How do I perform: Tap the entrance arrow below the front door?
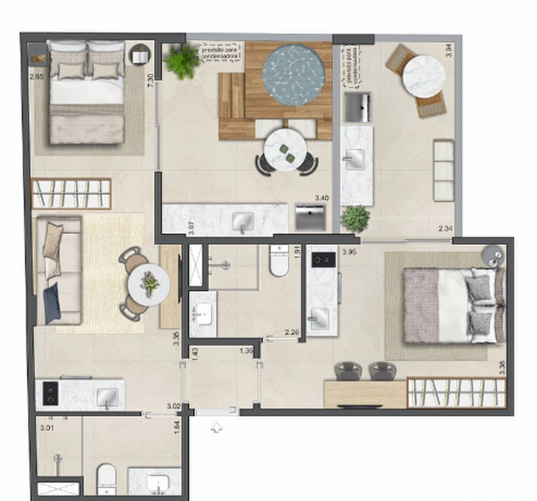pyautogui.click(x=216, y=428)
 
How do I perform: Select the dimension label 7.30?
pyautogui.click(x=151, y=80)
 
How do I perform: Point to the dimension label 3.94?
pyautogui.click(x=448, y=51)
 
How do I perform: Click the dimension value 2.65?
pyautogui.click(x=37, y=77)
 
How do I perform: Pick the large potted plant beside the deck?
pyautogui.click(x=181, y=61)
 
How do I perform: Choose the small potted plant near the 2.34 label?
pyautogui.click(x=356, y=219)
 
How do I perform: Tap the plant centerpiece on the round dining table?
pyautogui.click(x=150, y=284)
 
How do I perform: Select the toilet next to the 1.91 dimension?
pyautogui.click(x=279, y=262)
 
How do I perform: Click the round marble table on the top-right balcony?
pyautogui.click(x=424, y=77)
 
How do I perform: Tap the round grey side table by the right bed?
pyautogui.click(x=493, y=256)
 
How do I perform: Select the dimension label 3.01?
pyautogui.click(x=47, y=428)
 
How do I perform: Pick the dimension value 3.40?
pyautogui.click(x=321, y=198)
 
